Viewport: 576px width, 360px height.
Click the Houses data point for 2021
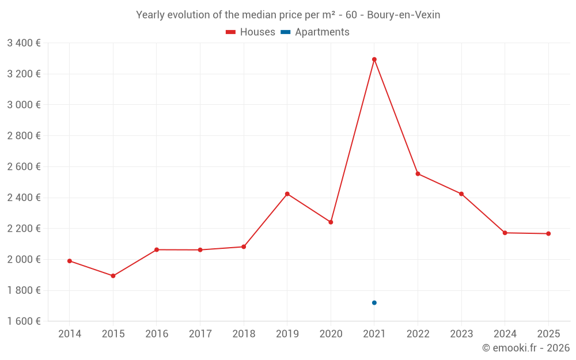point(374,59)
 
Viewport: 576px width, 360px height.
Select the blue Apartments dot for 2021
point(374,303)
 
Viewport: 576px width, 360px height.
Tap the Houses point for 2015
point(113,276)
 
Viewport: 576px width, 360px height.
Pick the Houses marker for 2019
point(287,194)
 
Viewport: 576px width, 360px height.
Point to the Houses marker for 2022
point(418,174)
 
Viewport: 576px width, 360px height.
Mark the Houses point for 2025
point(548,234)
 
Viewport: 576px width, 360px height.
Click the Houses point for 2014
point(70,261)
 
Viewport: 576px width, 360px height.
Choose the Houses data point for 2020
point(331,222)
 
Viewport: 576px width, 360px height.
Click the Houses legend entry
point(251,32)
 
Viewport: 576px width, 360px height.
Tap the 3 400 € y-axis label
point(24,43)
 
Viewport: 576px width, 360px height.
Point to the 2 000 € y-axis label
point(24,259)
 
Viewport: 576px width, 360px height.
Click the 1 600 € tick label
point(24,321)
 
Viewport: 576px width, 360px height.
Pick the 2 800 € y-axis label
point(24,136)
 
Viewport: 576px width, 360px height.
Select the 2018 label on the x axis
point(244,334)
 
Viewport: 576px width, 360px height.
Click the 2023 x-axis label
point(461,334)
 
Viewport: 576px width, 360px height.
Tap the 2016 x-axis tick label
point(157,334)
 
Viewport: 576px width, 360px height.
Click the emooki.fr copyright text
point(525,348)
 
